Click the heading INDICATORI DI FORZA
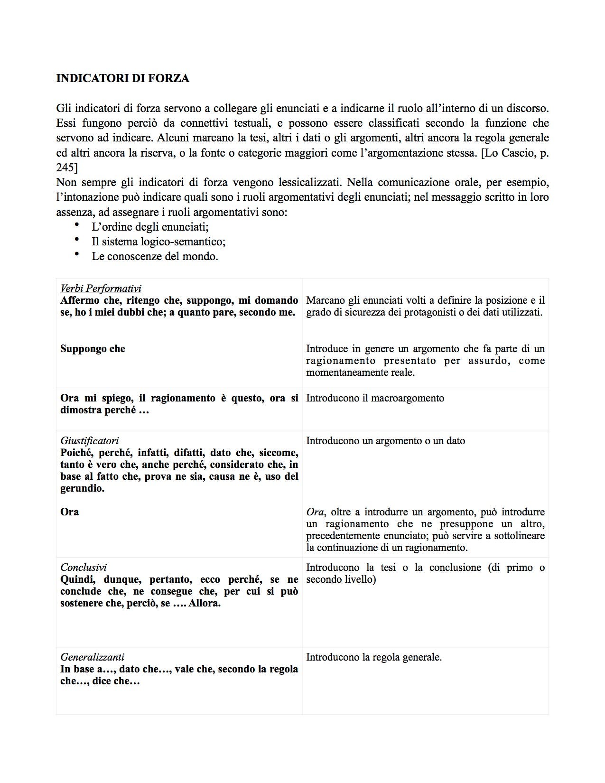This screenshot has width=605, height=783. pyautogui.click(x=122, y=78)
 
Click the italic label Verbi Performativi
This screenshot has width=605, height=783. pyautogui.click(x=101, y=288)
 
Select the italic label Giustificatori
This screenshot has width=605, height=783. pyautogui.click(x=89, y=440)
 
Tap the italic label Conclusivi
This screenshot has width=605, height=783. pyautogui.click(x=84, y=567)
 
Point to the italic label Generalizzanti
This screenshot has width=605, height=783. pyautogui.click(x=92, y=657)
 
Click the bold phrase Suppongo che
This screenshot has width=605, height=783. pyautogui.click(x=93, y=349)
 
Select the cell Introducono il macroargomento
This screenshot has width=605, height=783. pyautogui.click(x=375, y=398)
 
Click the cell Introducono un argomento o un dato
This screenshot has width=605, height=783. pyautogui.click(x=385, y=440)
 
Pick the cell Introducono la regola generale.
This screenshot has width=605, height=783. pyautogui.click(x=374, y=657)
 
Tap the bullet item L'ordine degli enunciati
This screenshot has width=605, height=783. pyautogui.click(x=150, y=226)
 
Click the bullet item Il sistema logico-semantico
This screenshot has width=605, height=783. pyautogui.click(x=158, y=242)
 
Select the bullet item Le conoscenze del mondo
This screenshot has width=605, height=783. pyautogui.click(x=155, y=257)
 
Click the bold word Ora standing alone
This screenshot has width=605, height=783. pyautogui.click(x=70, y=512)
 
